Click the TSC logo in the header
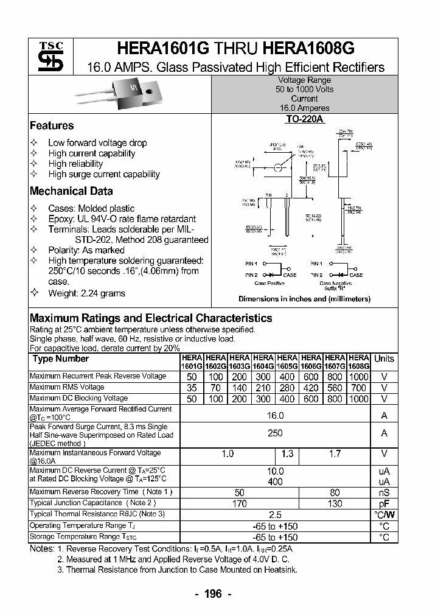[47, 57]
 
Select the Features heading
[52, 125]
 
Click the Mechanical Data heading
[71, 191]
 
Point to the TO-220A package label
[304, 120]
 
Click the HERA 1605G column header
[287, 362]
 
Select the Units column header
[384, 359]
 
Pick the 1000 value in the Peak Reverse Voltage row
[359, 377]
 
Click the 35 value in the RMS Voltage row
[192, 388]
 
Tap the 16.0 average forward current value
[276, 415]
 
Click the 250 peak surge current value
[276, 433]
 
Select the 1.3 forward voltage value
[287, 453]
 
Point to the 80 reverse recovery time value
[335, 492]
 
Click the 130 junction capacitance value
[335, 503]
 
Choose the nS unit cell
[384, 492]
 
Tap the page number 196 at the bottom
[213, 593]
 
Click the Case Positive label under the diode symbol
[268, 283]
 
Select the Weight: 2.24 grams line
[86, 293]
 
